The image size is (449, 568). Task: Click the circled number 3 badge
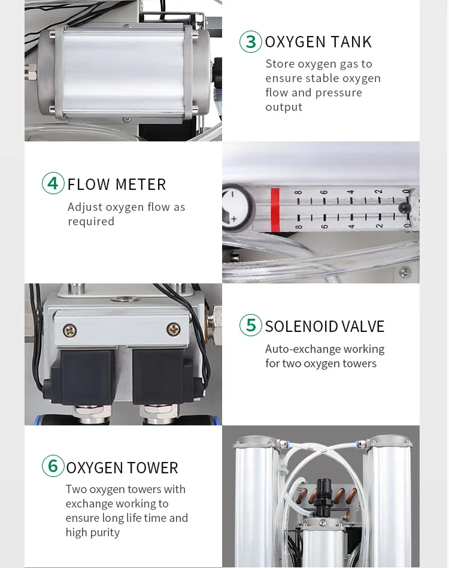[251, 42]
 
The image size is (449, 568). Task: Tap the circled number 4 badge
[53, 183]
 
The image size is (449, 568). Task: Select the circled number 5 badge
[251, 325]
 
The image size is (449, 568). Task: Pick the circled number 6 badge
[53, 466]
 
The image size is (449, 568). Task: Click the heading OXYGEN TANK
[318, 42]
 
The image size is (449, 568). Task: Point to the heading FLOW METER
[117, 184]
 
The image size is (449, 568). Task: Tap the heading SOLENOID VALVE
[324, 326]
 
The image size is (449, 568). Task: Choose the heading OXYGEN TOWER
[122, 467]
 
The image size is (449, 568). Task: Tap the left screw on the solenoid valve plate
[71, 329]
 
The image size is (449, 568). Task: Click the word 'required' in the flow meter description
[91, 222]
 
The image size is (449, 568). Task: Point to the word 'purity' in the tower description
[105, 533]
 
